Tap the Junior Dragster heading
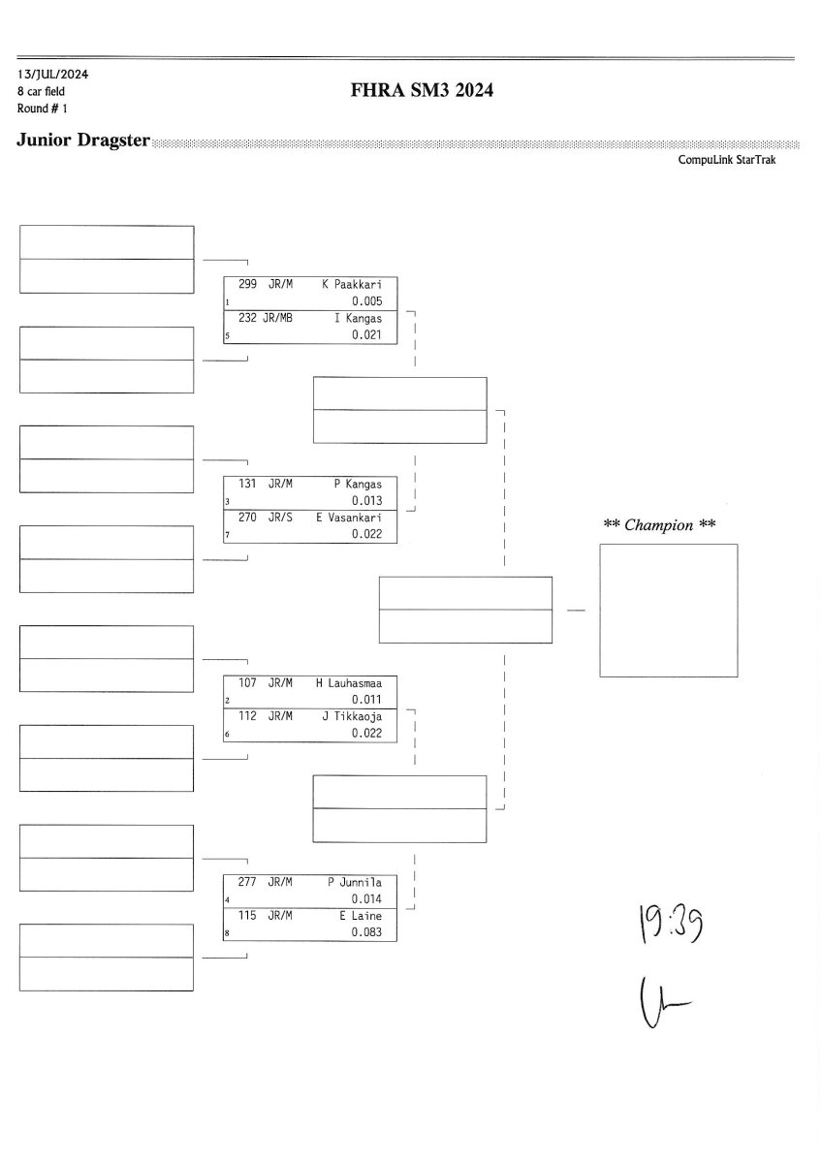tap(83, 141)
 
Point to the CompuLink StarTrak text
tap(726, 160)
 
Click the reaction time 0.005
tap(367, 301)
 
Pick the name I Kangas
tap(358, 318)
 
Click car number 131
tap(247, 484)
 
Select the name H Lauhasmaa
tap(349, 682)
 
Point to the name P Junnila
tap(355, 882)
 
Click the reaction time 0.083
tap(367, 932)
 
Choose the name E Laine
tap(361, 916)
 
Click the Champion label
tap(659, 525)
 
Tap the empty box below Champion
tap(668, 610)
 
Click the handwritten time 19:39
tap(670, 925)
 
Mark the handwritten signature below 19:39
tap(664, 1003)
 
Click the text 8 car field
tap(41, 91)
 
